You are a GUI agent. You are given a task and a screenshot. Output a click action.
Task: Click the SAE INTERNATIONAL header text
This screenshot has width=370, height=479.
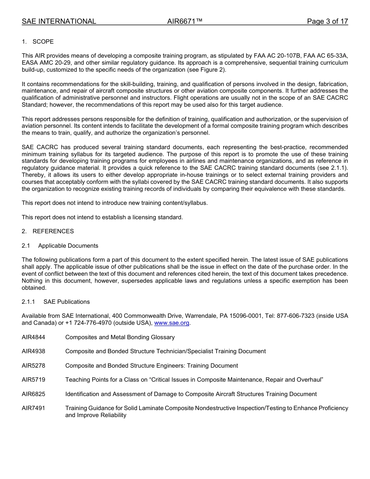tap(59, 21)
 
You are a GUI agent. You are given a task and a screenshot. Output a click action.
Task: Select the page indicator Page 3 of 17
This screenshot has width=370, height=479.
tap(327, 21)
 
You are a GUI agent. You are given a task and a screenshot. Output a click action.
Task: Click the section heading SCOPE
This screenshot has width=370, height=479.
tap(43, 42)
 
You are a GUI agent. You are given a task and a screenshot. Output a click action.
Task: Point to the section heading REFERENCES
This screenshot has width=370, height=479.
tap(53, 231)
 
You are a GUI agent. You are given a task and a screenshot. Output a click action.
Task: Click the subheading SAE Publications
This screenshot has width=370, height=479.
tap(67, 302)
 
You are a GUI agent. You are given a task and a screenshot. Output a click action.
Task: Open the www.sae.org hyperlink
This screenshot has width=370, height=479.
tap(172, 323)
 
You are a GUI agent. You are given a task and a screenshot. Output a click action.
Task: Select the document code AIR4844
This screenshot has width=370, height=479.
tap(33, 337)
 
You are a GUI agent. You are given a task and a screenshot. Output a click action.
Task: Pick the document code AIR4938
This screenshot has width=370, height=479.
tap(33, 351)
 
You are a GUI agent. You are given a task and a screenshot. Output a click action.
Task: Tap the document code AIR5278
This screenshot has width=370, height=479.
tap(33, 366)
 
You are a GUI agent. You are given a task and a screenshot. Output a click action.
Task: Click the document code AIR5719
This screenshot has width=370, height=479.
tap(33, 380)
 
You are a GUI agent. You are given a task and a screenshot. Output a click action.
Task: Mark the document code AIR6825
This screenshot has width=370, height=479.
tap(33, 394)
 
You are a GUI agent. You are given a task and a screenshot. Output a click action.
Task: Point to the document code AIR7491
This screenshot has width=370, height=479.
tap(33, 408)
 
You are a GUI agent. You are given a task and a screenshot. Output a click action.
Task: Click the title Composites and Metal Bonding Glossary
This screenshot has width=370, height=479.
tap(120, 337)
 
